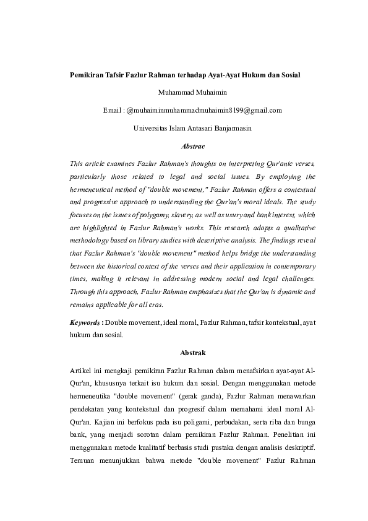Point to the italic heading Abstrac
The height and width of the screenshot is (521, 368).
click(x=183, y=146)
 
